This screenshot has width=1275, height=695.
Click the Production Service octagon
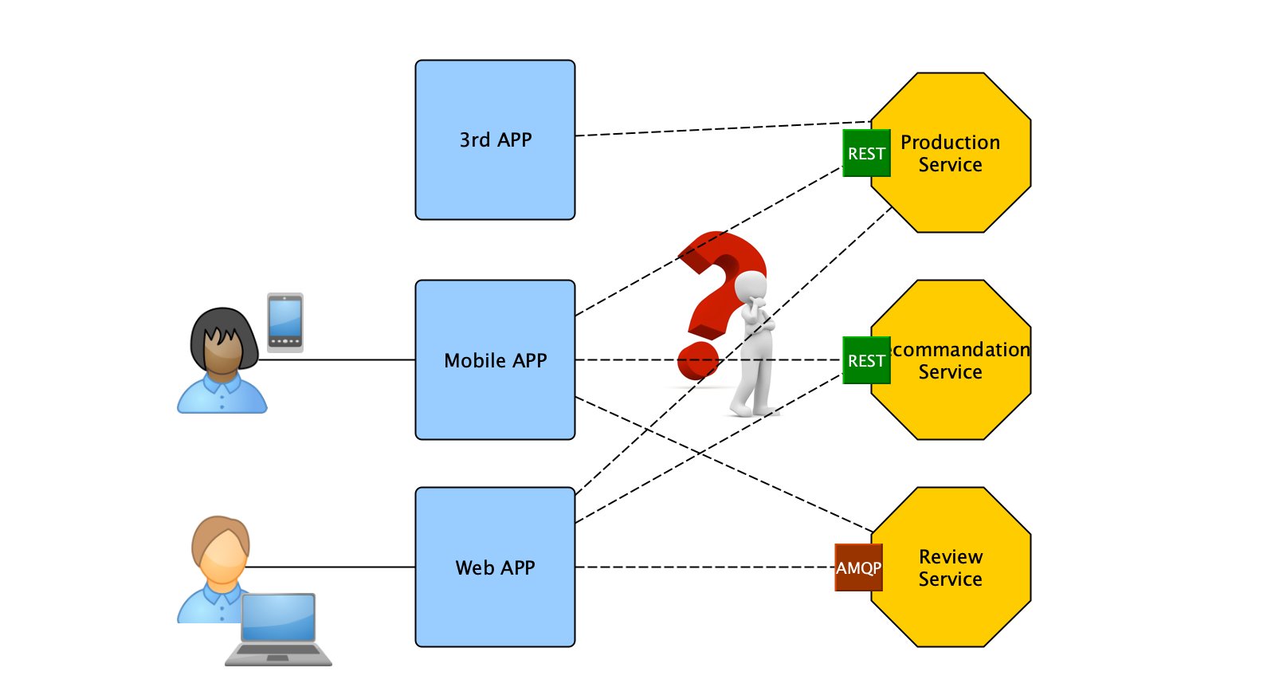[x=956, y=191]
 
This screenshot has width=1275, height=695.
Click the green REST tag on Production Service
[x=866, y=153]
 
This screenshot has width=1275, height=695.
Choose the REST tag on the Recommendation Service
[x=866, y=360]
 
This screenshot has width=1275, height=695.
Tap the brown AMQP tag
[x=858, y=567]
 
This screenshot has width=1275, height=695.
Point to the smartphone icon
[x=285, y=322]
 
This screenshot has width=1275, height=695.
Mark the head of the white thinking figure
[x=751, y=285]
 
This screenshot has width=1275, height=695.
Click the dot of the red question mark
[x=697, y=360]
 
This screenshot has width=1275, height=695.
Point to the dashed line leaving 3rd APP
[x=717, y=129]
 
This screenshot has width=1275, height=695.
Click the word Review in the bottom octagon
[x=951, y=556]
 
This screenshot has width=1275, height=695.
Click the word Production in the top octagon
[x=951, y=143]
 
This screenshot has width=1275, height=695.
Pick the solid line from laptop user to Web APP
[x=335, y=567]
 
